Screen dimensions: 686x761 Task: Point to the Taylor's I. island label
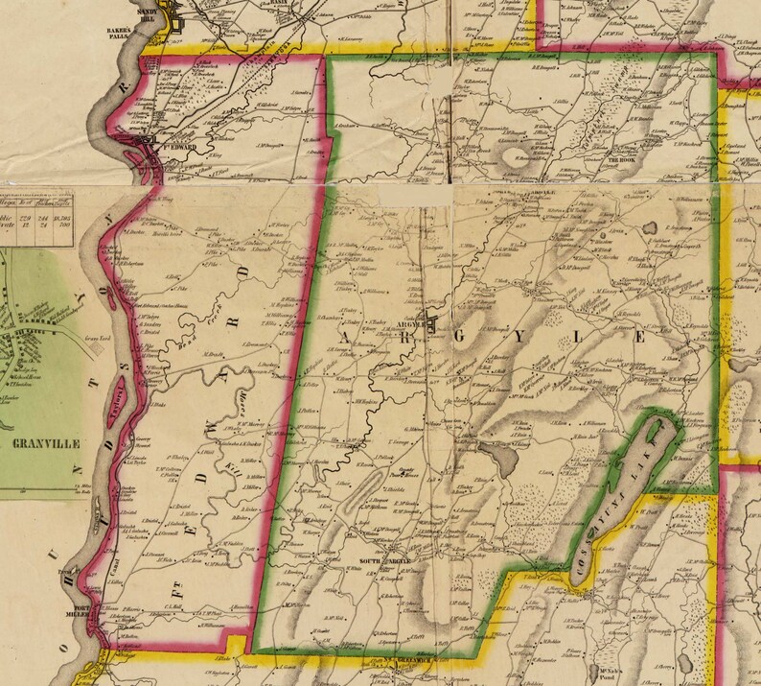(118, 394)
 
